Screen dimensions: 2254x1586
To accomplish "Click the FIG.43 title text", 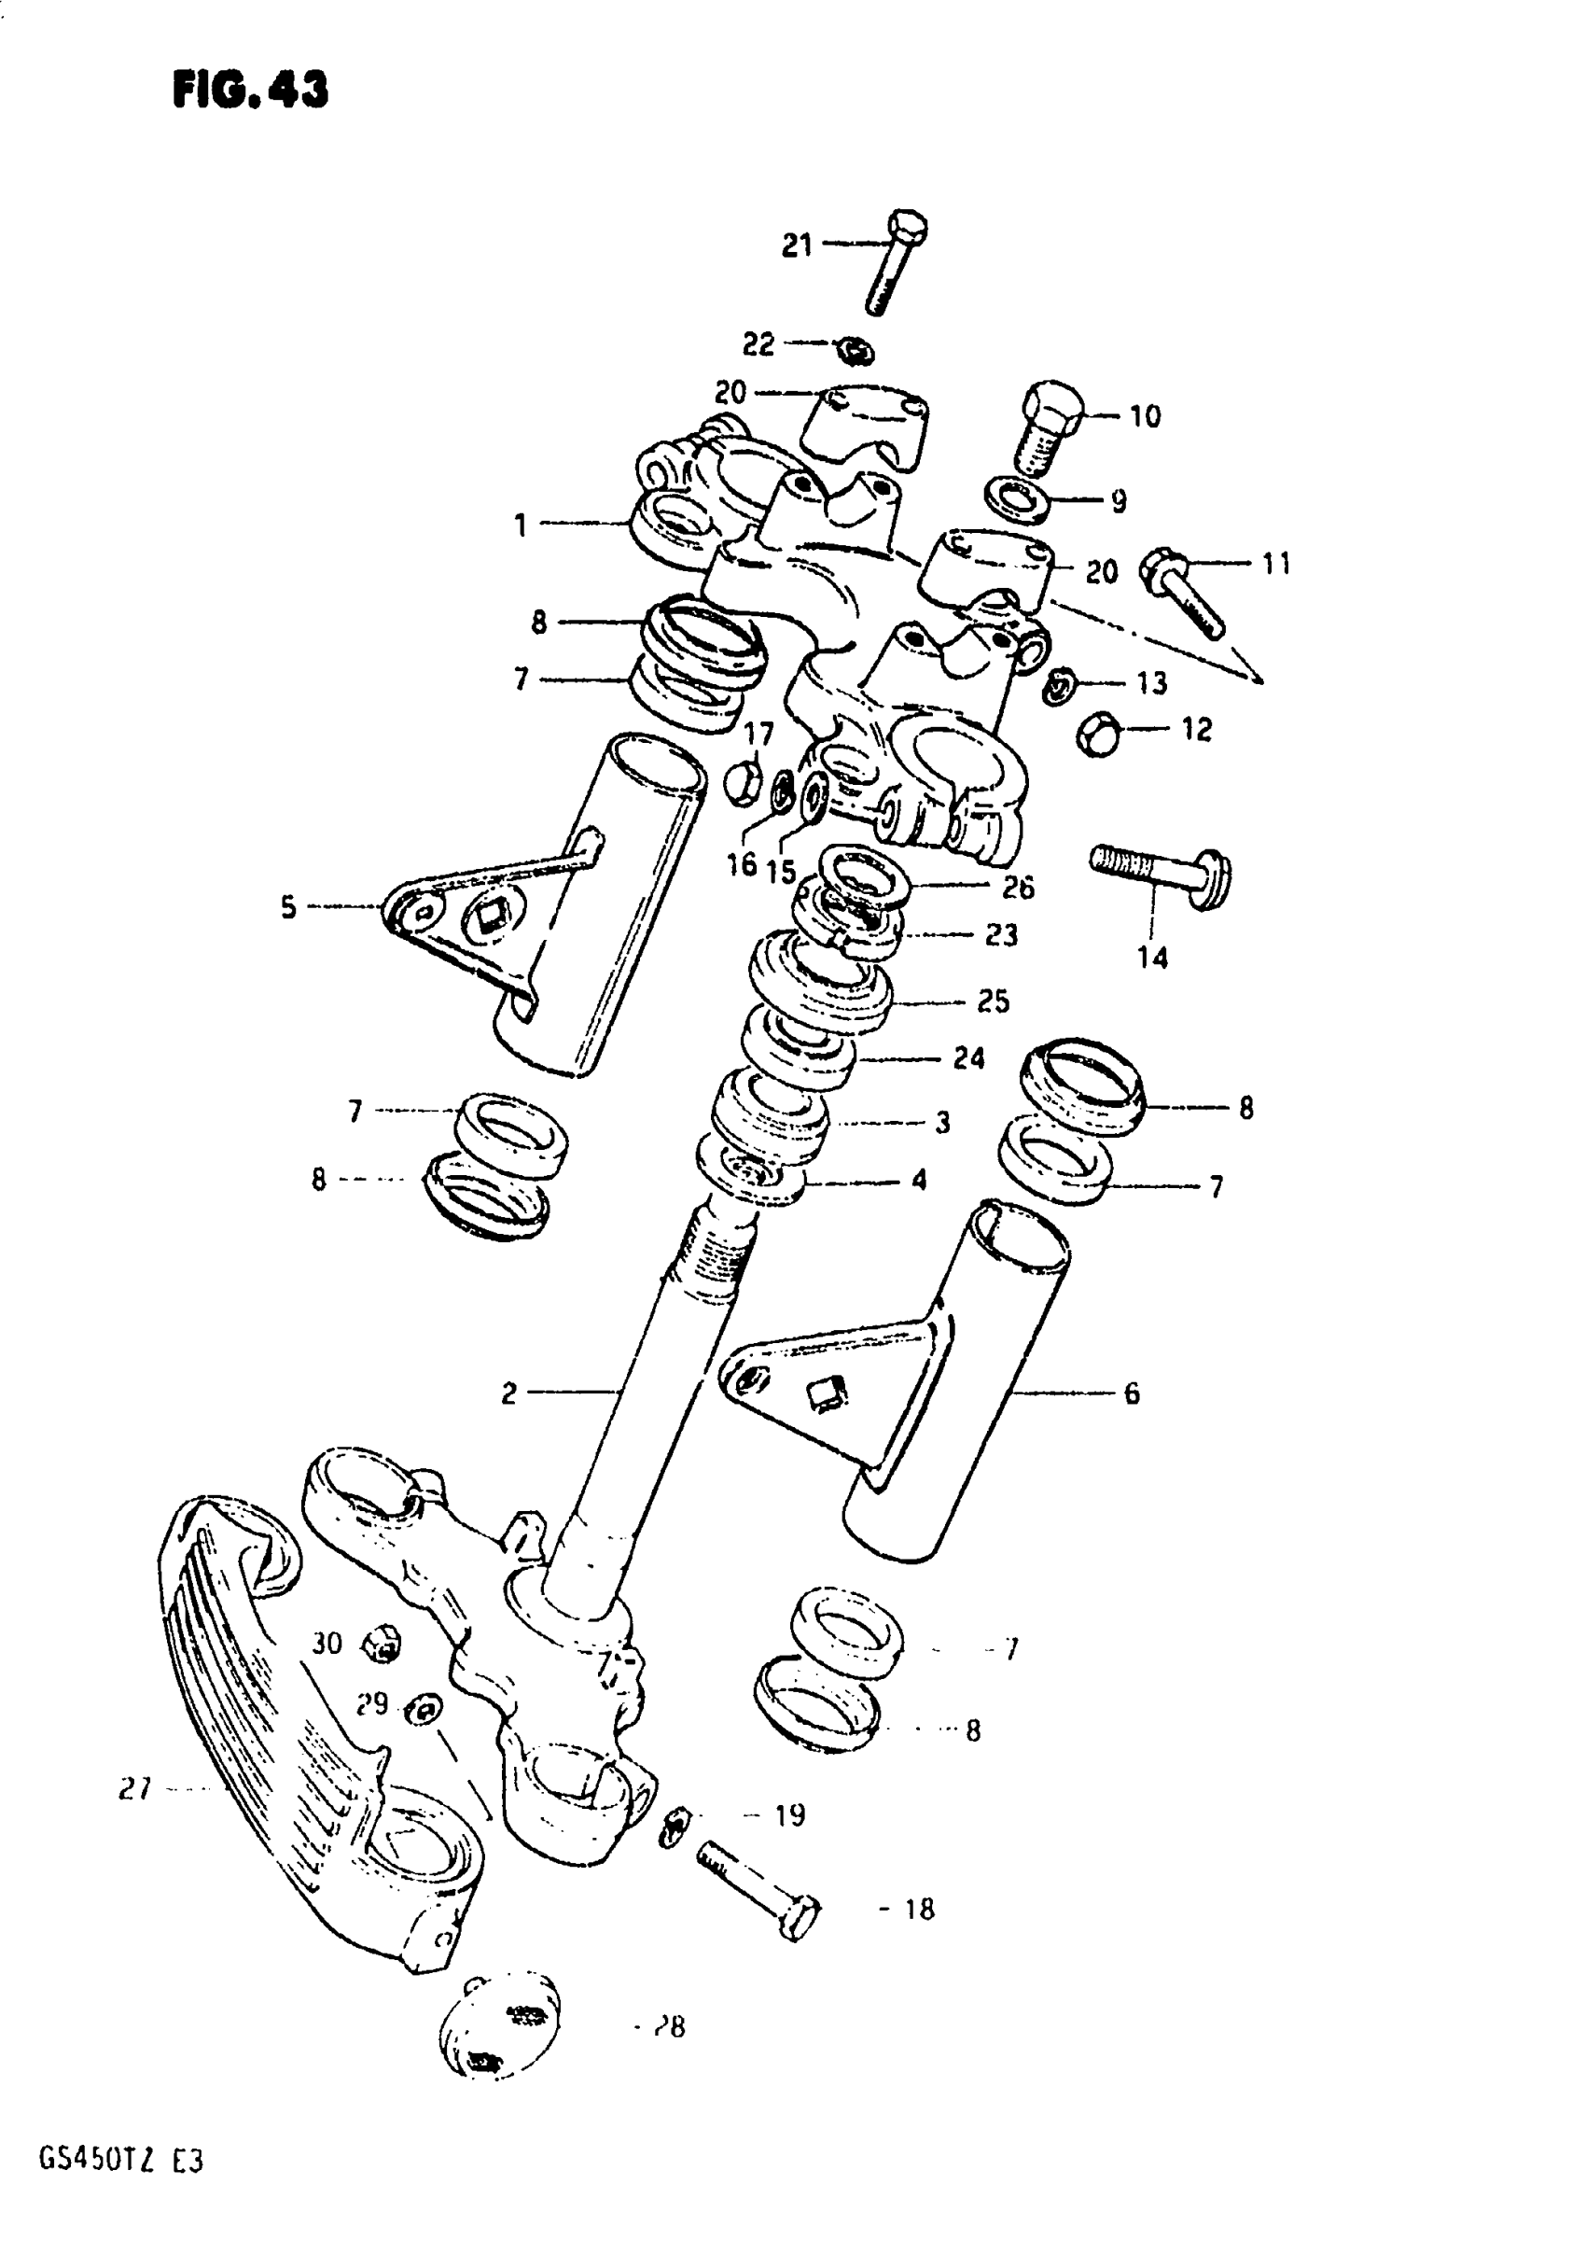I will tap(250, 91).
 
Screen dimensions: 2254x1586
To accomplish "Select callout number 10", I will tap(1145, 416).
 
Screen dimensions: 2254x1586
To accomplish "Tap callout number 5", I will tap(287, 907).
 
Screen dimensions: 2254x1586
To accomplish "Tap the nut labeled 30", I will tap(382, 1644).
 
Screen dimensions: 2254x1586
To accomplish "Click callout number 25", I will tap(994, 1001).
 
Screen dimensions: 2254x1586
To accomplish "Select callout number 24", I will tap(968, 1058).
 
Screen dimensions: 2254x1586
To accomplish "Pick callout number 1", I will tap(521, 526).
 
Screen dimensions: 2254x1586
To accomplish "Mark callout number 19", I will tap(790, 1815).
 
